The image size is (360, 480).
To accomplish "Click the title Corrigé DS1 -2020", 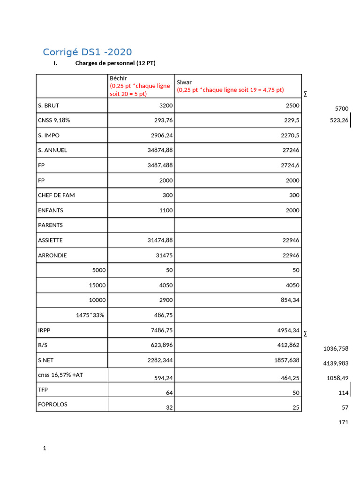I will pos(87,52).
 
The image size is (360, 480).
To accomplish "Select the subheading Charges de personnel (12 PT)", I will pos(115,63).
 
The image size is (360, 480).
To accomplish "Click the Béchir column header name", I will pos(118,78).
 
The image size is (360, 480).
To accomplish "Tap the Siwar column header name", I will pos(184,82).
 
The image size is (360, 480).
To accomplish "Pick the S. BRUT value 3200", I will pos(166,105).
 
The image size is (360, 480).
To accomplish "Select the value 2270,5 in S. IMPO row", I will pos(290,135).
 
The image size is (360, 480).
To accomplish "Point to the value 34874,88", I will pos(160,150).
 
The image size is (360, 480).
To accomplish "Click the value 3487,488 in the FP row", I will pos(160,165).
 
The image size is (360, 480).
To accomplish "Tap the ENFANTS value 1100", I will pos(166,210).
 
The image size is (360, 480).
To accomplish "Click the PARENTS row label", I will pos(50,225).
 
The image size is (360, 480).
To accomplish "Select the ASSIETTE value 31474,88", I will pos(160,240).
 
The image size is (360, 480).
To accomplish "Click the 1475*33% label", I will pos(90,315).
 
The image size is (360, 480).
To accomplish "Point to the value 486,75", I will pos(163,315).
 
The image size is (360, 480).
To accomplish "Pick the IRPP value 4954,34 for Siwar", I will pos(288,330).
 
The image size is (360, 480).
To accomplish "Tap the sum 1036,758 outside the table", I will pos(336,349).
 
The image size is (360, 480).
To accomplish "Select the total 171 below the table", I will pos(343,422).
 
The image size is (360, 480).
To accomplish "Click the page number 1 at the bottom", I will pos(45,449).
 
